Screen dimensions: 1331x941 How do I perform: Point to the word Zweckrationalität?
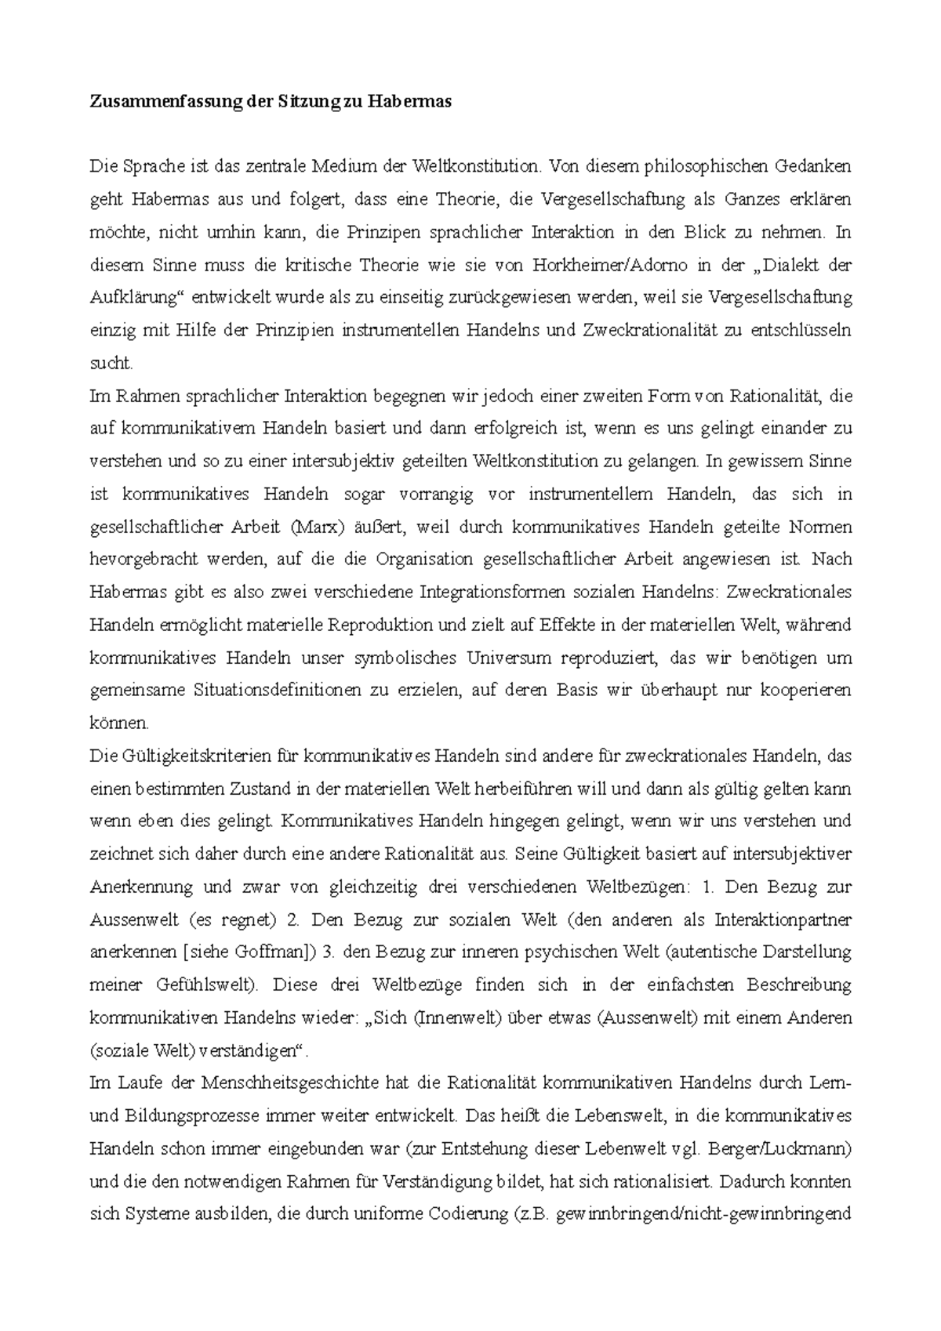click(x=653, y=330)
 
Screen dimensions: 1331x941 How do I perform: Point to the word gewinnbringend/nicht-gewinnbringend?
click(x=703, y=1215)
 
